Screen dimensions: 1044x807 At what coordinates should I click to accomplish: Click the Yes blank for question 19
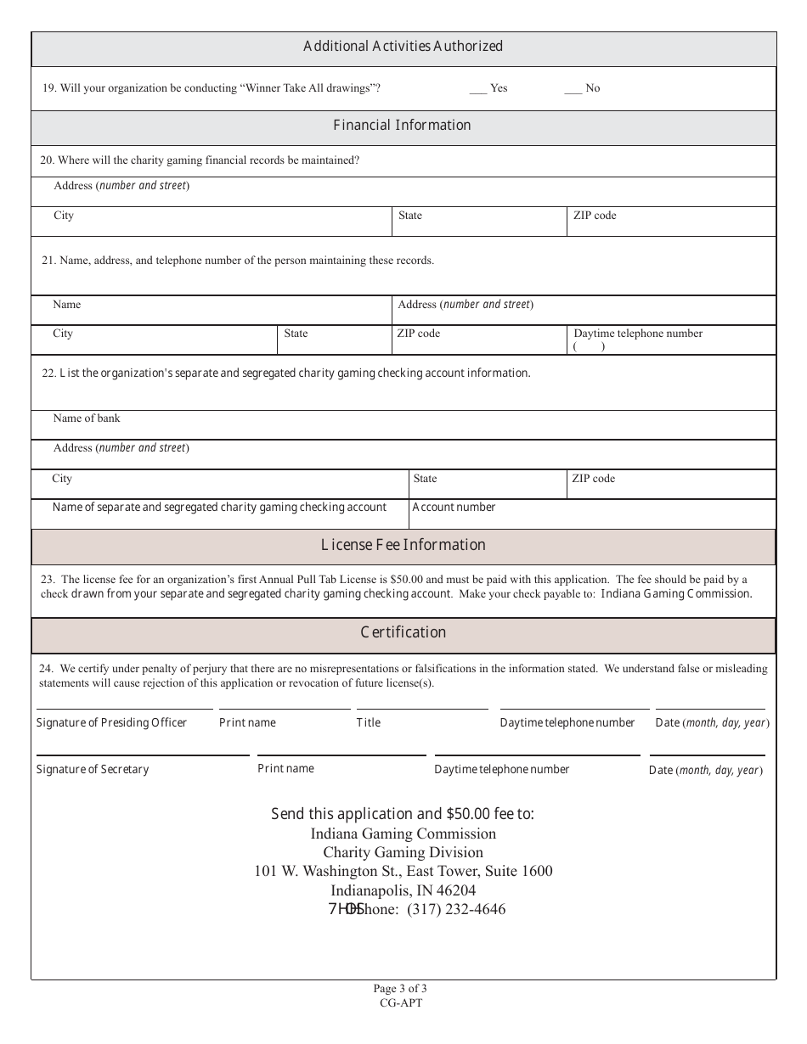point(477,89)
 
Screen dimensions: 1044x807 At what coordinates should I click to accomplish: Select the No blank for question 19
point(573,89)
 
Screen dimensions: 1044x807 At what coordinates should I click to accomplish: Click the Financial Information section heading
point(402,126)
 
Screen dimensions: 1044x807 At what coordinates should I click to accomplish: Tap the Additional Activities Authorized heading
point(403,47)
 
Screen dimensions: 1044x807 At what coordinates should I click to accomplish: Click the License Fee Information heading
point(403,545)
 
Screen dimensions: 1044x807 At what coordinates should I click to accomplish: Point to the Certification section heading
point(403,632)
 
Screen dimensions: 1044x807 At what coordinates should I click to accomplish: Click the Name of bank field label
point(87,418)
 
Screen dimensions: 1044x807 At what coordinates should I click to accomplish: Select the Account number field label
point(454,508)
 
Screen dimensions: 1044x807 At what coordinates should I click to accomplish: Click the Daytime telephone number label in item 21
point(638,334)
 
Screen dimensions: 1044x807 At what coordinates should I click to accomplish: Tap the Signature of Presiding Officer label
point(111,723)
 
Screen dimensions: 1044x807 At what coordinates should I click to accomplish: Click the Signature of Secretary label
point(93,770)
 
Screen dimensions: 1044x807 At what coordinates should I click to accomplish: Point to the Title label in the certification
point(369,723)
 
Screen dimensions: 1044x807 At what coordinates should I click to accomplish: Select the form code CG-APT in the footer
point(401,1002)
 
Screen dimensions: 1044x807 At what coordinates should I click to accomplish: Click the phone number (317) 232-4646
point(456,910)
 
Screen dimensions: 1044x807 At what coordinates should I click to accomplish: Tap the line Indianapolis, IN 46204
point(403,890)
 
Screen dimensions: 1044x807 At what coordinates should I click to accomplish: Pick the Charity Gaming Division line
point(403,852)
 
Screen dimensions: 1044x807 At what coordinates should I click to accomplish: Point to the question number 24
point(47,669)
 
